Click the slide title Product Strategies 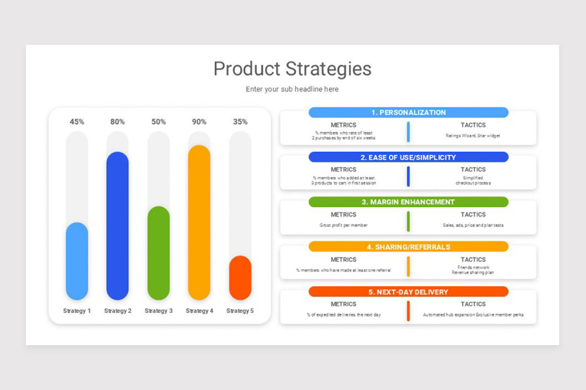point(292,69)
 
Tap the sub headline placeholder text point(292,89)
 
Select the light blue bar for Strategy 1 point(77,261)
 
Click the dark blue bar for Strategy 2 point(118,226)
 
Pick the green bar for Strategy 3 point(159,253)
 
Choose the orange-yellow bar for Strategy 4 point(199,222)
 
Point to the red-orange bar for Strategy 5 point(240,278)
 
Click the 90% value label point(199,122)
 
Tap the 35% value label point(240,122)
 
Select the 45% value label point(77,122)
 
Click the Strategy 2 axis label point(118,311)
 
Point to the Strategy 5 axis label point(240,311)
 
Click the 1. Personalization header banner point(408,113)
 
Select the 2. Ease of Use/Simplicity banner point(408,157)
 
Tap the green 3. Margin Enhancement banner point(408,202)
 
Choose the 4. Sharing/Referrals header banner point(408,247)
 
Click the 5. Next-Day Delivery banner point(408,292)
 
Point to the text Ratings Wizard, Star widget point(473,136)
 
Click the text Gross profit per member point(343,225)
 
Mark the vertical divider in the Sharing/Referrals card point(408,266)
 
